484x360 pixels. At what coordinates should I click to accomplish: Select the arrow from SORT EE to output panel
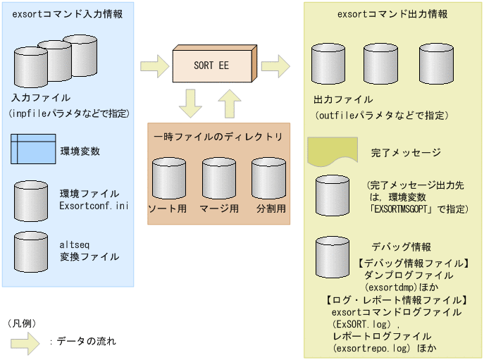275,66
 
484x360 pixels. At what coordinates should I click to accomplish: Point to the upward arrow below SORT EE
230,104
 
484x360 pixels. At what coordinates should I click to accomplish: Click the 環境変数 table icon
33,150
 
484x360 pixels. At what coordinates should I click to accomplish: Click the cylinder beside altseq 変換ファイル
31,247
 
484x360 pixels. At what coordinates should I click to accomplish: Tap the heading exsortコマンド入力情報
67,13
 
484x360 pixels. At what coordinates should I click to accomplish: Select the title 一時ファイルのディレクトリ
218,136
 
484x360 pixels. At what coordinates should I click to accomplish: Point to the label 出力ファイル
343,99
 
